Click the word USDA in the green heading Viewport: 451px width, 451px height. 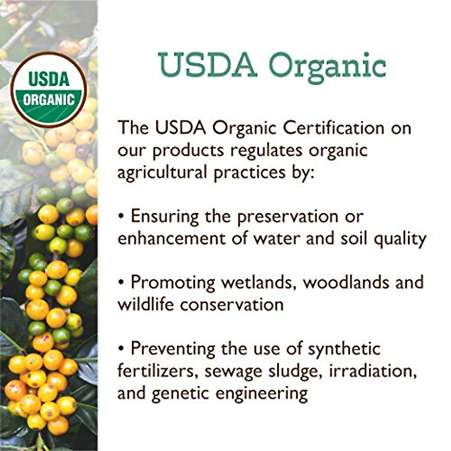(x=207, y=65)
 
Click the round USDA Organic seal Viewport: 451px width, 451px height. (x=49, y=90)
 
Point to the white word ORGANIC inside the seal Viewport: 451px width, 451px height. (x=49, y=100)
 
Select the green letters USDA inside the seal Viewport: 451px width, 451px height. (x=49, y=80)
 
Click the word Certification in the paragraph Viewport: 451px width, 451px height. (x=333, y=128)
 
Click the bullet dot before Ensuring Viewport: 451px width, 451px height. (x=121, y=217)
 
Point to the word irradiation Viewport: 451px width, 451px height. (x=372, y=371)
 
